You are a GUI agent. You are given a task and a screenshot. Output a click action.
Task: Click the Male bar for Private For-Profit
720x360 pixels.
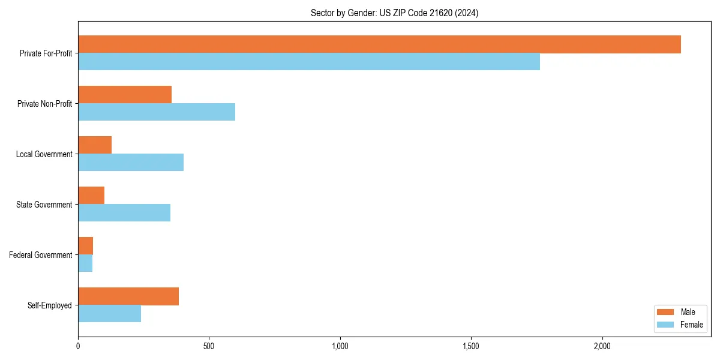(x=379, y=44)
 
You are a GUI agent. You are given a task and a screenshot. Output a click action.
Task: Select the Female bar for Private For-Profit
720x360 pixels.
(x=309, y=62)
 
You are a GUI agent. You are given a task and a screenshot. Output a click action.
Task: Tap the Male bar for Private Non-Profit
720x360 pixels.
(x=125, y=95)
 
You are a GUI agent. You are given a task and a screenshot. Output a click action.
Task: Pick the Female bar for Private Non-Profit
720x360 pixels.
(x=157, y=112)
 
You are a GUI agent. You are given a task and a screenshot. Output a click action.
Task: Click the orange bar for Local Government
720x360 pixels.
(x=95, y=145)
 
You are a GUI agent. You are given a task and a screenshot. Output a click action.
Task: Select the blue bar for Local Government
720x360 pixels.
(x=131, y=163)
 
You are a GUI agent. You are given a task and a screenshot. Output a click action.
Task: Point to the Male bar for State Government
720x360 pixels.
(x=91, y=196)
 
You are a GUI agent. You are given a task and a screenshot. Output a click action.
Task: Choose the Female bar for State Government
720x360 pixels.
(x=124, y=213)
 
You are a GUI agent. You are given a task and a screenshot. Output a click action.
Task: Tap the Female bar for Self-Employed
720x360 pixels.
(x=110, y=314)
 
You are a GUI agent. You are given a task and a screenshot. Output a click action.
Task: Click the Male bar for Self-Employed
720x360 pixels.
(x=128, y=296)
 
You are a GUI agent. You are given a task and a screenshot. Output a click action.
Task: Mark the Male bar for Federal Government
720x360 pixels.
(x=86, y=246)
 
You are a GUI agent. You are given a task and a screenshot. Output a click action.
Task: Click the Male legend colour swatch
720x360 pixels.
(x=666, y=312)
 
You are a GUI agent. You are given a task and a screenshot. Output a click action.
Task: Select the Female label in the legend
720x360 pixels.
(x=691, y=325)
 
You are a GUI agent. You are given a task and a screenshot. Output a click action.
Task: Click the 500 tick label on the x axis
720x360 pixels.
(x=209, y=346)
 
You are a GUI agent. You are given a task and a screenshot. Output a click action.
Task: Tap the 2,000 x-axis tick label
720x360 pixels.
(x=602, y=346)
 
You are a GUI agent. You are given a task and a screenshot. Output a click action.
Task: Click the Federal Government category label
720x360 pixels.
(x=41, y=255)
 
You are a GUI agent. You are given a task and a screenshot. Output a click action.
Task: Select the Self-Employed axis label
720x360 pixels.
(x=50, y=305)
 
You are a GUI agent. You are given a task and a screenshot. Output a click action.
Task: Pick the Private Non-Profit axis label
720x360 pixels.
(x=44, y=104)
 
